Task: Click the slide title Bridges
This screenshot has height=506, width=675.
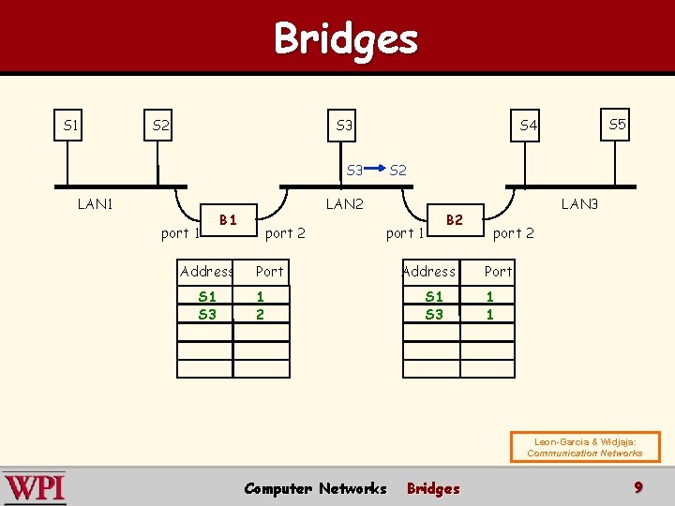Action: (x=345, y=38)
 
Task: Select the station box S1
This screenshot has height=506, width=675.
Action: (x=70, y=125)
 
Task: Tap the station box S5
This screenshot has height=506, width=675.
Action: (x=617, y=125)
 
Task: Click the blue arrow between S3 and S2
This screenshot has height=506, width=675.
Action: (x=375, y=170)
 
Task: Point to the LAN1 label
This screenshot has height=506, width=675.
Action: (x=95, y=204)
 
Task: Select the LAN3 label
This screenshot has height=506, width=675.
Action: (x=578, y=204)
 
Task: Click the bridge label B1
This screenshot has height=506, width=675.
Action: (x=227, y=220)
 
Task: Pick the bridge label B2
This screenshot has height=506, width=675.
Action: (x=455, y=220)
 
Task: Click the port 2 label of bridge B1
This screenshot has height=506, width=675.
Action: (x=285, y=233)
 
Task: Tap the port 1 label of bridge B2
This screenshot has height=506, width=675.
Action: (x=406, y=233)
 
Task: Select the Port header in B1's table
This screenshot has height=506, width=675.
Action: (x=269, y=272)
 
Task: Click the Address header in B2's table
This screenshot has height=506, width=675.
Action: (x=428, y=272)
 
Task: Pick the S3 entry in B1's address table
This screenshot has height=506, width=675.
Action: (x=207, y=315)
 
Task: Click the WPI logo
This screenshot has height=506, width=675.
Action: (x=35, y=488)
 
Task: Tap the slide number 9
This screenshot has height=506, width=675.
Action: (x=638, y=487)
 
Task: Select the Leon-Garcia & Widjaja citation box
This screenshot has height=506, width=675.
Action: (x=584, y=447)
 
